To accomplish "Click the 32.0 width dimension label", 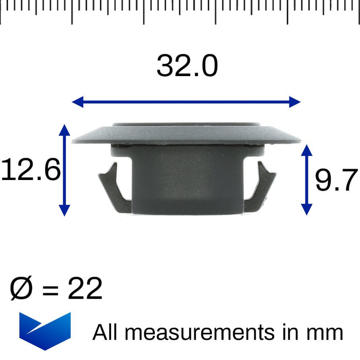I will coord(187,66).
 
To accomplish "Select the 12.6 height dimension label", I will coord(31,170).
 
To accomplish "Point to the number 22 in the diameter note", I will coord(85,289).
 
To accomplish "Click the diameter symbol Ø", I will coord(22,289).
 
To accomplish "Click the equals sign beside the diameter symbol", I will coord(50,290).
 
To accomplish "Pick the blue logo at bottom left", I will coord(45,331).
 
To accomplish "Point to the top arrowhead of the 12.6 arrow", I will coord(64,129).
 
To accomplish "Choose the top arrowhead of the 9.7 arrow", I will coord(306,150).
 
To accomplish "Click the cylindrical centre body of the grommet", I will coord(187,180).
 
